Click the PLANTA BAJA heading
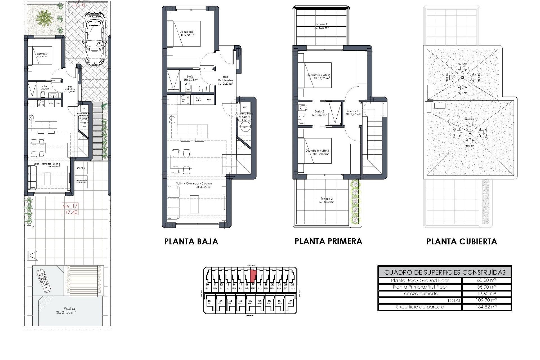coord(191,242)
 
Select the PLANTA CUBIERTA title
coord(462,242)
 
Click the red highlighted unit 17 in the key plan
coord(253,275)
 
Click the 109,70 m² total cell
coord(486,300)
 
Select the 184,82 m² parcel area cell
coord(486,307)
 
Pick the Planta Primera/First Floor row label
coord(420,287)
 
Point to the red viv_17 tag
coord(70,209)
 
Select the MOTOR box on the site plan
coord(81,168)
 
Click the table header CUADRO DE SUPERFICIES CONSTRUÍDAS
coord(444,272)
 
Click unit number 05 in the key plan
coord(250,301)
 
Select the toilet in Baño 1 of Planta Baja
coord(188,87)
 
